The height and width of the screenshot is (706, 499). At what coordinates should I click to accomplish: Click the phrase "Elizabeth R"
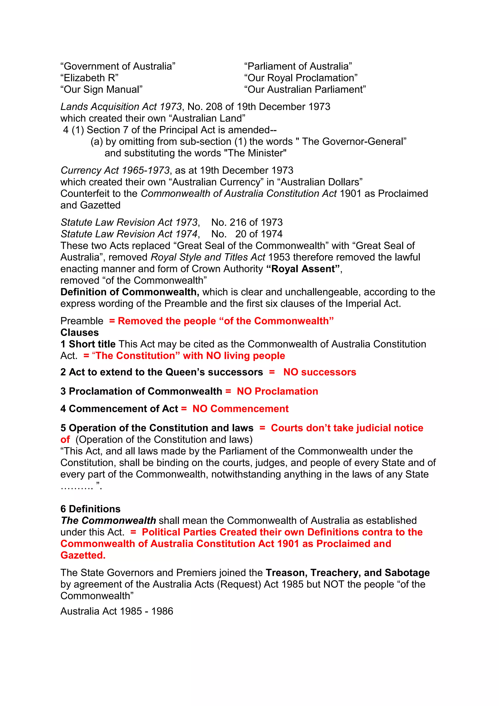[89, 78]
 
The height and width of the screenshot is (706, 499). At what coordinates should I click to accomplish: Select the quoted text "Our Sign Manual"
[101, 89]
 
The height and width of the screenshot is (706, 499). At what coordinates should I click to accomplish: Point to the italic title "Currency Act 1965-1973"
[115, 170]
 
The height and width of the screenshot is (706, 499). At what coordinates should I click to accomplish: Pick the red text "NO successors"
[320, 372]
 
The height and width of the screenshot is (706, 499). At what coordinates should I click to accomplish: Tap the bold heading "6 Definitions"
[90, 509]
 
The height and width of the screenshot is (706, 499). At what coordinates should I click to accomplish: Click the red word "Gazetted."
[83, 555]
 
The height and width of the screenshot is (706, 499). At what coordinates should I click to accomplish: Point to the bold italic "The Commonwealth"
[108, 520]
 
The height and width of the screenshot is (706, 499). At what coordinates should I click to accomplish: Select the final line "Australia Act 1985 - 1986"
[117, 611]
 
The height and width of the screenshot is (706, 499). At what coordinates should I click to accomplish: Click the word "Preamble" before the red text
[82, 321]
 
